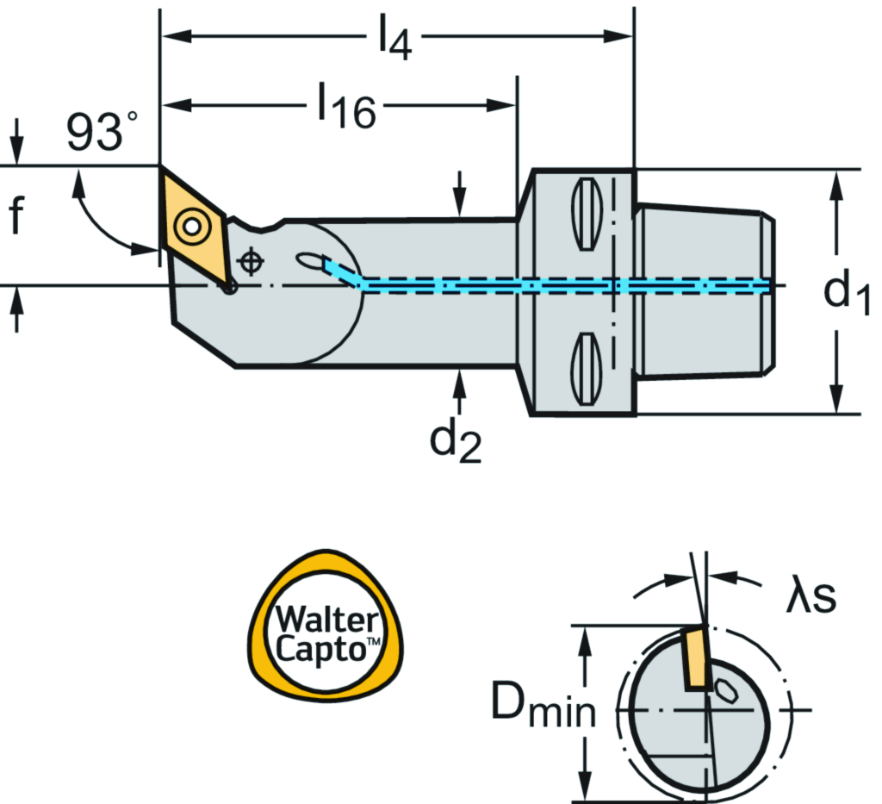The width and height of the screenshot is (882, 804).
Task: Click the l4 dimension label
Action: [393, 39]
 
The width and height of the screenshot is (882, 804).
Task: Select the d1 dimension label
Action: [848, 293]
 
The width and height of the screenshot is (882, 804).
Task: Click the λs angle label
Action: [810, 597]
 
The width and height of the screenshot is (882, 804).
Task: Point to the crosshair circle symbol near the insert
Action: [250, 261]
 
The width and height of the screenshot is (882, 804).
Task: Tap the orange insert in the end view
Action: [696, 659]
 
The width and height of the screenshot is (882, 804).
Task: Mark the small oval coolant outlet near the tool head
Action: [308, 259]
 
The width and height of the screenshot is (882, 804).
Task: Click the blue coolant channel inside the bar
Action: [517, 285]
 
